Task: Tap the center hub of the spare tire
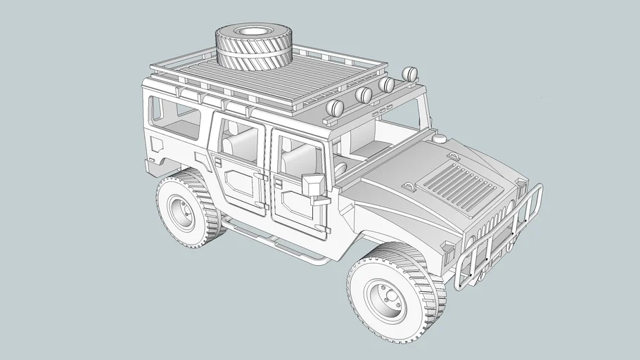tap(250, 31)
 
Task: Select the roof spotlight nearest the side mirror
tap(336, 108)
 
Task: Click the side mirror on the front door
tap(312, 184)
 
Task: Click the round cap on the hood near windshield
tap(440, 139)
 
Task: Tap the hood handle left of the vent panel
tap(409, 187)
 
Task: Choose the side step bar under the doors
tap(274, 243)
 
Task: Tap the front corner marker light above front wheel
tap(447, 246)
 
